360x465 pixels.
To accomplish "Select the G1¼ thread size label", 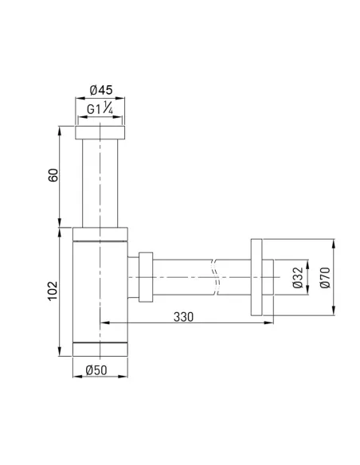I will pos(100,110).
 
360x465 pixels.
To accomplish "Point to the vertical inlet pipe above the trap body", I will pos(100,183).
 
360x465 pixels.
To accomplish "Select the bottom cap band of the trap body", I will pos(100,349).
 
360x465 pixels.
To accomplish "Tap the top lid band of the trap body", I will pos(100,232).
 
